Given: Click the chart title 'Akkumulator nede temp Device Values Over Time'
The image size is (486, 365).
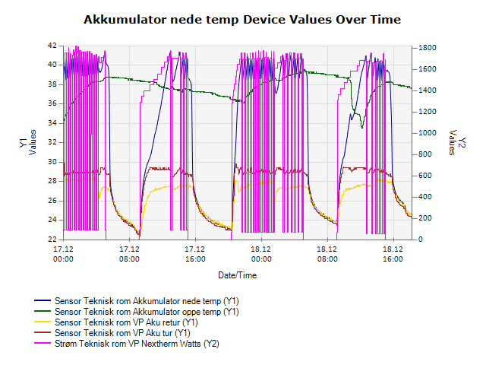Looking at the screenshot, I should (x=242, y=18).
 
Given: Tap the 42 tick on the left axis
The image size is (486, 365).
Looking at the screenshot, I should (x=52, y=46).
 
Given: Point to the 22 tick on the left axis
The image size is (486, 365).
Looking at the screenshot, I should (x=52, y=240).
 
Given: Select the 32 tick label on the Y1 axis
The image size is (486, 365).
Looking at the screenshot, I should (x=52, y=142).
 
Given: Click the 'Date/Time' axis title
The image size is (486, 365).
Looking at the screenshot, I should (x=238, y=275).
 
